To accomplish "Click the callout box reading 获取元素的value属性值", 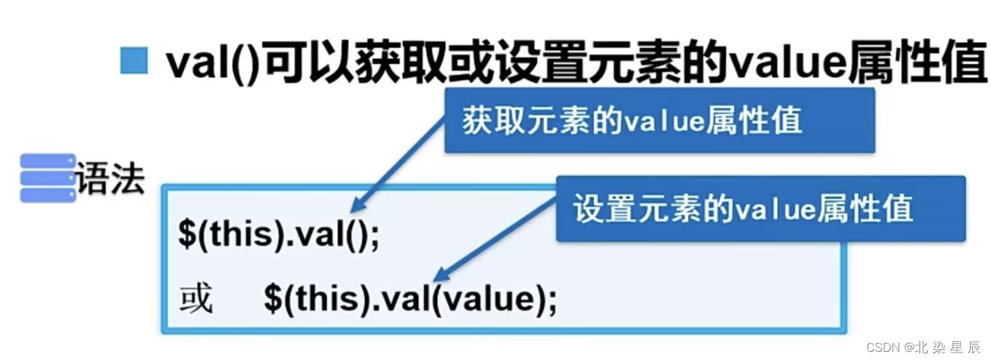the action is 659,121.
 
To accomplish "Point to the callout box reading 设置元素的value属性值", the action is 760,208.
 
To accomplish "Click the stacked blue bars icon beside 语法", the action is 47,177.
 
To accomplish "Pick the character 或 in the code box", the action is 196,298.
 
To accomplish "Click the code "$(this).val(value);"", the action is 411,298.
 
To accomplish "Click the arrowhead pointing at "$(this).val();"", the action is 357,208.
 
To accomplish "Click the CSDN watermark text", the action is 883,347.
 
